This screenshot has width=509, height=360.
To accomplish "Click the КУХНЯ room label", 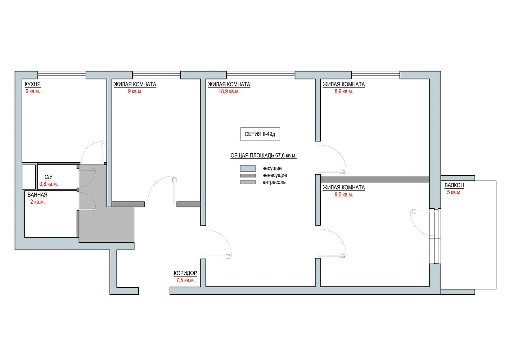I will click(32, 84).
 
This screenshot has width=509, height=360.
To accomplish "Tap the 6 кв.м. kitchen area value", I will click(32, 91).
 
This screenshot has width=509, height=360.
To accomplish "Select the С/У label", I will click(48, 177).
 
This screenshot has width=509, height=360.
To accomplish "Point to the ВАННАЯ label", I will click(37, 195).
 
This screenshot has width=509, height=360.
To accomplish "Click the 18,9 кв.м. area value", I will click(229, 91).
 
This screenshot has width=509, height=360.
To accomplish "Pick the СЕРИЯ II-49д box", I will click(260, 134).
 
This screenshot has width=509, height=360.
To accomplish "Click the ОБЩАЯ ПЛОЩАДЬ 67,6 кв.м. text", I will click(263, 156).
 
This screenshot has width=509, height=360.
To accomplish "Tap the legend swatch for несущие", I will click(248, 168).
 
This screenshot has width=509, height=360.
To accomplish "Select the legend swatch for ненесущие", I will click(248, 176).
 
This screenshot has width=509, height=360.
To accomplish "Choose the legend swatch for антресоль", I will click(248, 182).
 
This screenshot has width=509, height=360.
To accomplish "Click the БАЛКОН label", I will click(454, 185).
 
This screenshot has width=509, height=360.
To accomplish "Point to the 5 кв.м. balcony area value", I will click(454, 192).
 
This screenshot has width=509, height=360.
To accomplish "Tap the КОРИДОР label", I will click(185, 273).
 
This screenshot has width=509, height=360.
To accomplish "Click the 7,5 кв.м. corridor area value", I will click(185, 280).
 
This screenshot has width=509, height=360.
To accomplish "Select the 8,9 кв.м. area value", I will click(343, 91).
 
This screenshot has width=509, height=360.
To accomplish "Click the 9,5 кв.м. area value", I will click(343, 195).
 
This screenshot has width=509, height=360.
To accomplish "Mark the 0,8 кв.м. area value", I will click(48, 184).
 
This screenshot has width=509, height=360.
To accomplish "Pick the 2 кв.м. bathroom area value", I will click(37, 202).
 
